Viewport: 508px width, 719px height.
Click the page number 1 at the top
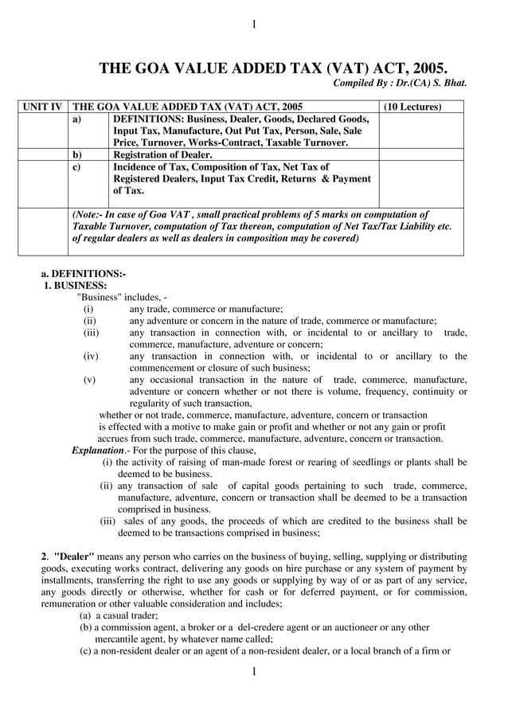(254, 25)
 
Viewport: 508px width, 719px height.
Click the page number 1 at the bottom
(254, 673)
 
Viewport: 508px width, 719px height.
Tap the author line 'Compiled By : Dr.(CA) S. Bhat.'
(399, 83)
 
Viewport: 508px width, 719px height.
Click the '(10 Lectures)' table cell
(412, 107)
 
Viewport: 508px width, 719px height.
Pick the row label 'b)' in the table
(77, 154)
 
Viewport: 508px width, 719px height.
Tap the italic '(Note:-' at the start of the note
(91, 214)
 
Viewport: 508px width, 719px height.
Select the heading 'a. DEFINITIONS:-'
(83, 274)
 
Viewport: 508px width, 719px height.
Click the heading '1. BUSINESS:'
(75, 285)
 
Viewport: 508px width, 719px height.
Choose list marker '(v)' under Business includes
(89, 380)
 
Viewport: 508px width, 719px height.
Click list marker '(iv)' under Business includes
(91, 356)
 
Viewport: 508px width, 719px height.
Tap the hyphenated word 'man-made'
(257, 462)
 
